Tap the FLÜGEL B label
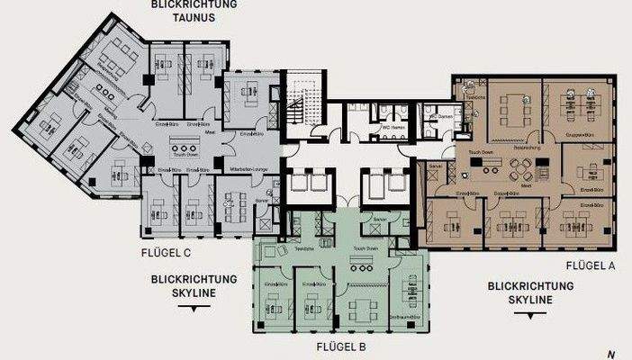(340, 346)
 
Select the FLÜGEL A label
(590, 265)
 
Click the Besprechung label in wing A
(501, 146)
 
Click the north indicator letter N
(611, 353)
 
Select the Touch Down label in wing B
(366, 247)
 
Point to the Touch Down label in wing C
(187, 167)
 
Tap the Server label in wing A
(435, 168)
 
